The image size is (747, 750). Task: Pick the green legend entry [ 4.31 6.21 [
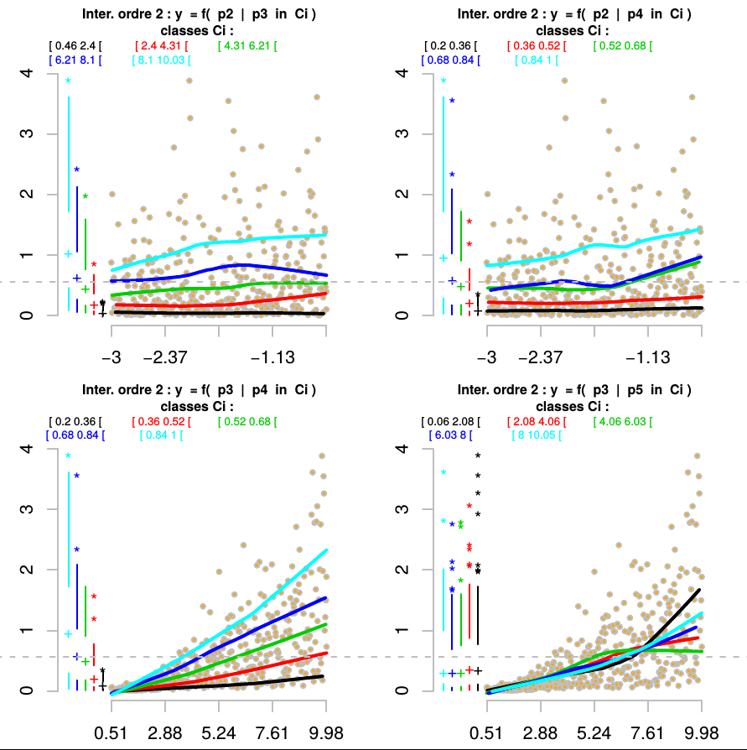246,44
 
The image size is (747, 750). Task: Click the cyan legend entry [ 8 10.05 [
536,435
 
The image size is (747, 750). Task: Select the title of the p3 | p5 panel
574,390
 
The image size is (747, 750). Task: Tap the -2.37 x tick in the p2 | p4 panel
541,358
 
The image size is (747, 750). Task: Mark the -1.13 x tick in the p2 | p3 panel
273,358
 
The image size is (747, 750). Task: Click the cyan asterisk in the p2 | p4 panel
444,81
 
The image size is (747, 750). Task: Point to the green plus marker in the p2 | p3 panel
85,289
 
